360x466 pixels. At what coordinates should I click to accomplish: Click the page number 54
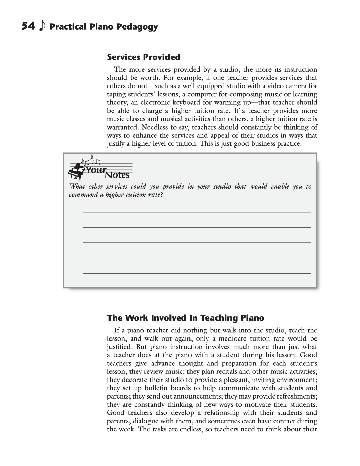coord(28,26)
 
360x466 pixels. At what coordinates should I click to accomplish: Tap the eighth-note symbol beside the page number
coord(42,26)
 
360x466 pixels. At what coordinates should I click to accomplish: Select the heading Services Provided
coord(144,57)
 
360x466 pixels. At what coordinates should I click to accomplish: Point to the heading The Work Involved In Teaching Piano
coord(185,318)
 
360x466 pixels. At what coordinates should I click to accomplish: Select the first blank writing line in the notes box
coord(197,212)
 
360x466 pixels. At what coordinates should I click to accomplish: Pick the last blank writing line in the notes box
coord(197,273)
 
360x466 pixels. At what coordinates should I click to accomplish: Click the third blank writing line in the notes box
coord(197,242)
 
